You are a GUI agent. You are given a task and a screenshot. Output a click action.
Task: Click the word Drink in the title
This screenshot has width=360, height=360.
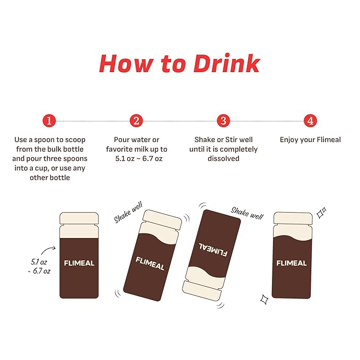(227, 64)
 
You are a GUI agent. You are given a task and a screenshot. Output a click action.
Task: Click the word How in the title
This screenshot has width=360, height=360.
(127, 64)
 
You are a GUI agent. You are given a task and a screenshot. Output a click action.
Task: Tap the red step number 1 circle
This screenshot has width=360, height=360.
(49, 121)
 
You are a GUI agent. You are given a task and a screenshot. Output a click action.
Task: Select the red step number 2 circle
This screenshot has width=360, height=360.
(136, 121)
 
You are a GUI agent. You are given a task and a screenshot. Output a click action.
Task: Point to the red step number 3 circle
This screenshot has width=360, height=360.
(223, 121)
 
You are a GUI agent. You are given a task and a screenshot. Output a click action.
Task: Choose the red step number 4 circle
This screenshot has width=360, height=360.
(310, 121)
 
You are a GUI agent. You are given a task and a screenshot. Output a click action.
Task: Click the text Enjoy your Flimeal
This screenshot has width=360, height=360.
(310, 139)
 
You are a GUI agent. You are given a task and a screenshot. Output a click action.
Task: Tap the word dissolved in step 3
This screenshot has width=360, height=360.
(223, 159)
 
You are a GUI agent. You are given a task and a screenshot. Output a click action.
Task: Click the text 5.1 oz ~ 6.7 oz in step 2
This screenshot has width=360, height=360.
(139, 159)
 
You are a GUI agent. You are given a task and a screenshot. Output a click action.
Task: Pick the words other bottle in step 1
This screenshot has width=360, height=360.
(50, 178)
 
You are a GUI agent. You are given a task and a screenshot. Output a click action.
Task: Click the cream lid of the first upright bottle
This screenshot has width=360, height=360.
(79, 218)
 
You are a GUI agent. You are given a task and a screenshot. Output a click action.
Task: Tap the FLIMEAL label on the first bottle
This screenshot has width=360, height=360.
(79, 263)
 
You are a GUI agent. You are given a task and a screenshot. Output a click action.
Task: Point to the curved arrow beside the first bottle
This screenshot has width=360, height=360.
(49, 250)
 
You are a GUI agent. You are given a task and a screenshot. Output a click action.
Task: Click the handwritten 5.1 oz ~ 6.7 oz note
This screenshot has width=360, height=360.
(39, 266)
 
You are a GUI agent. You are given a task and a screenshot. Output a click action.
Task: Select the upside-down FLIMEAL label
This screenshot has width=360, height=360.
(213, 249)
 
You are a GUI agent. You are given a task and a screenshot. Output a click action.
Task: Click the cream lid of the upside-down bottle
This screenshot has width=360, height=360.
(201, 291)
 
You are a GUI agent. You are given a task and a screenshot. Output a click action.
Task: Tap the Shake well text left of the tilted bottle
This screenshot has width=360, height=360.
(128, 212)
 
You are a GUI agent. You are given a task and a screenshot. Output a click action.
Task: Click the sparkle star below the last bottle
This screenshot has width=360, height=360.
(264, 299)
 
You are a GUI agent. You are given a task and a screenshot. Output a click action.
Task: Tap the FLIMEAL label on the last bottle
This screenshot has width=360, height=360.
(292, 263)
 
